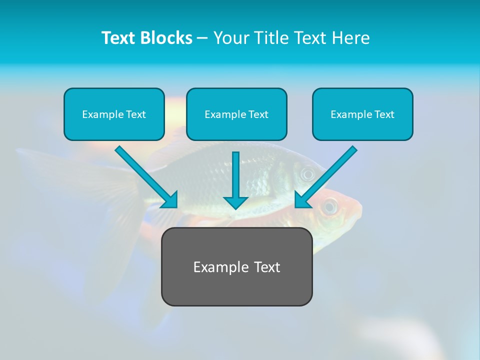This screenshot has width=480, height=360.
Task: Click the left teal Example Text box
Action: pos(114,114)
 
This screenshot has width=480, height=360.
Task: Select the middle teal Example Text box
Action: pos(236,114)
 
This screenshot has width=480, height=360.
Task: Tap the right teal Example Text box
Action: pos(362,114)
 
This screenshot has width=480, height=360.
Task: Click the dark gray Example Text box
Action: pos(236,267)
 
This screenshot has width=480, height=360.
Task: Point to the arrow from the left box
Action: pos(145,176)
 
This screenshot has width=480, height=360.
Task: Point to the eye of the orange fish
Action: pos(329,206)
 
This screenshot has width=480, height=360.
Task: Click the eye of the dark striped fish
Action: pos(306,174)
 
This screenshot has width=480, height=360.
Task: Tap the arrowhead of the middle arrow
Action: pos(235,202)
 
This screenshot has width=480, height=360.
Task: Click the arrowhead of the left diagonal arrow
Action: pos(170,200)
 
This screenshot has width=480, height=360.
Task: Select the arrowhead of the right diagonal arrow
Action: pos(302,200)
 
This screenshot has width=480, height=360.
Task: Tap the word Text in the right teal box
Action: pos(384,114)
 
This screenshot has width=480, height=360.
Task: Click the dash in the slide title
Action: pos(203,38)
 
